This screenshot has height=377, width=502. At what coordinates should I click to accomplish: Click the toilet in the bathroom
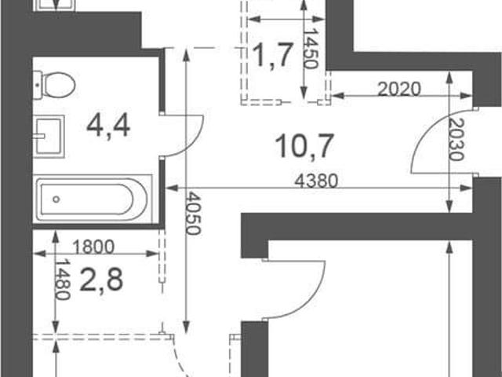pos(54,86)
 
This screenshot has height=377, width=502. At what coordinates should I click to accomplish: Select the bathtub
pos(93,199)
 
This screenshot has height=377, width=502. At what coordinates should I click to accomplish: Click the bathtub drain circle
pos(56,199)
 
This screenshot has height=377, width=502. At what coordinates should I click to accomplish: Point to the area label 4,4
pos(108,126)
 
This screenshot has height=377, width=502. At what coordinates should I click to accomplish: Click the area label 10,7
pos(304,146)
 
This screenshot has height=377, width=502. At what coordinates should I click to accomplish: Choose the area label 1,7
pos(273,55)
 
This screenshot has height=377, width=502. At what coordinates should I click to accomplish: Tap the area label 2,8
pos(101,280)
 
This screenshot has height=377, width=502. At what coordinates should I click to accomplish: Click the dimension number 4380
pos(316,181)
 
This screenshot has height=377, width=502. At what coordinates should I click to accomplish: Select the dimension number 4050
pos(193,213)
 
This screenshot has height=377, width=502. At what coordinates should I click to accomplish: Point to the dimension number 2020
pos(399,89)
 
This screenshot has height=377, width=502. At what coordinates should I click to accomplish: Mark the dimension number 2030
pos(456,140)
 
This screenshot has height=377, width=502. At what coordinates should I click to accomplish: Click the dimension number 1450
pos(311,49)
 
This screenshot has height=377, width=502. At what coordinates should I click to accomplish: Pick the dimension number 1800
pos(93,247)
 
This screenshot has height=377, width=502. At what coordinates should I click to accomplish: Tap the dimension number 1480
pos(63,280)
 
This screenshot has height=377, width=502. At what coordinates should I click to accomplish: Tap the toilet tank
pos(38,86)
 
